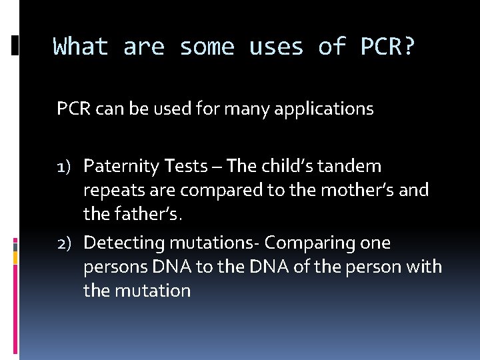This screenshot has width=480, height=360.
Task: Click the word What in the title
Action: click(x=80, y=47)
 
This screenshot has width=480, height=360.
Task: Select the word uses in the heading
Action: click(x=273, y=47)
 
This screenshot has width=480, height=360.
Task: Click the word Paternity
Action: click(x=121, y=166)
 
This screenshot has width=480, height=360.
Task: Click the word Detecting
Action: click(x=122, y=243)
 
